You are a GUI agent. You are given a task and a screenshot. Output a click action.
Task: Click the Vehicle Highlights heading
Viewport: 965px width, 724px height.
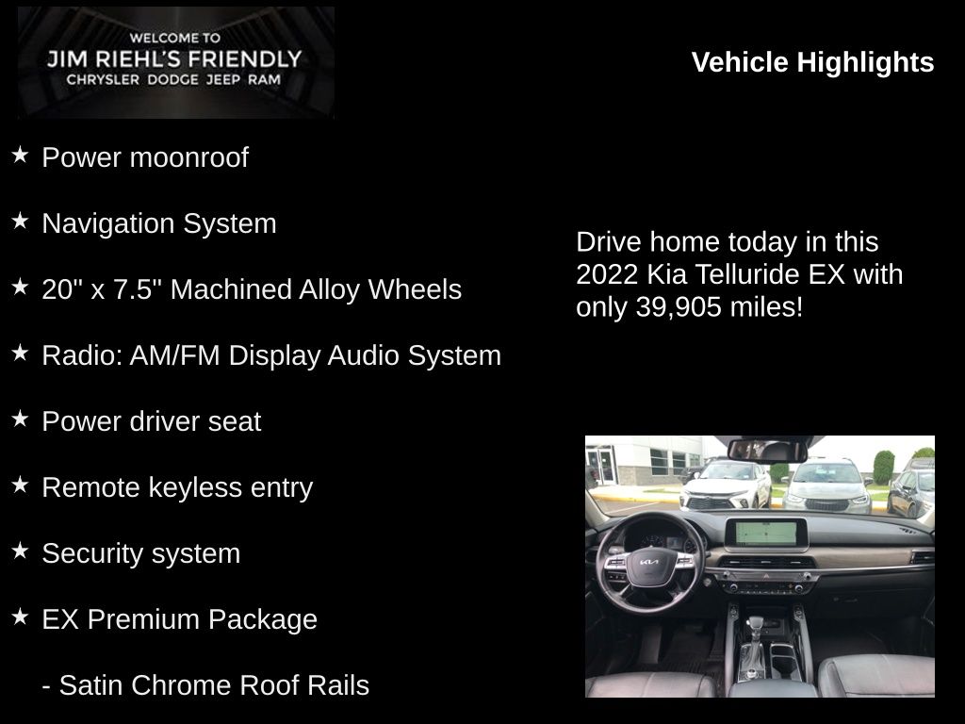pyautogui.click(x=812, y=63)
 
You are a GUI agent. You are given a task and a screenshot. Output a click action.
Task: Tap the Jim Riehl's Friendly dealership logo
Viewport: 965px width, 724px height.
pyautogui.click(x=176, y=62)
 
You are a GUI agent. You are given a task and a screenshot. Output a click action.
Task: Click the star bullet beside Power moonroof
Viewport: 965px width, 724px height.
pyautogui.click(x=21, y=155)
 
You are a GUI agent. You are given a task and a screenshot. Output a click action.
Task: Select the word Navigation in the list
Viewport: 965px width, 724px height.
pyautogui.click(x=108, y=223)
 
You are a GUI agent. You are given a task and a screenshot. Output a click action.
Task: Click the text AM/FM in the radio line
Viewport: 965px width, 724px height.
pyautogui.click(x=174, y=355)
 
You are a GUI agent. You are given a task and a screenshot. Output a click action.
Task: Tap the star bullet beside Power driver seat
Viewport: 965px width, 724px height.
pyautogui.click(x=21, y=419)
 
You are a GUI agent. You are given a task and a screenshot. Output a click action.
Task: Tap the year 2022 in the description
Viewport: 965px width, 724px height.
pyautogui.click(x=607, y=274)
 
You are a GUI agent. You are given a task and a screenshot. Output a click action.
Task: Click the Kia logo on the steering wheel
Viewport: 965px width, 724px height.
pyautogui.click(x=648, y=562)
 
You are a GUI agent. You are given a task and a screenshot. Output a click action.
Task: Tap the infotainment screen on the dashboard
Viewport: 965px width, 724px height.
pyautogui.click(x=765, y=534)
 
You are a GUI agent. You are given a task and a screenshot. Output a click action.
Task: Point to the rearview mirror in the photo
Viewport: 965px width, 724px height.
pyautogui.click(x=767, y=451)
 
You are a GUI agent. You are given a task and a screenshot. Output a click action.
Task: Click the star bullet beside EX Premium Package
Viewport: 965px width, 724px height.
pyautogui.click(x=21, y=617)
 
